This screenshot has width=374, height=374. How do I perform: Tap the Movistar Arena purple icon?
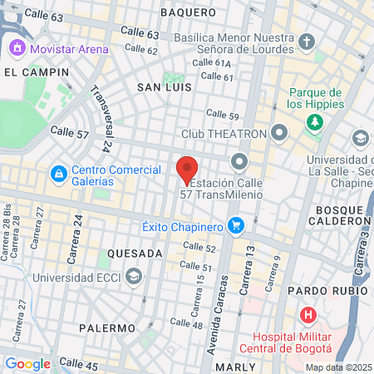pyautogui.click(x=16, y=49)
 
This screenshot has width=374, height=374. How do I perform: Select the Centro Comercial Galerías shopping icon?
pyautogui.click(x=58, y=174)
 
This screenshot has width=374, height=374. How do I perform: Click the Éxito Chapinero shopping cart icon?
pyautogui.click(x=236, y=225)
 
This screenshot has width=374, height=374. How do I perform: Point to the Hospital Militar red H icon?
pyautogui.click(x=308, y=316)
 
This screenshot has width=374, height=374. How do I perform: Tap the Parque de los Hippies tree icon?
pyautogui.click(x=314, y=123)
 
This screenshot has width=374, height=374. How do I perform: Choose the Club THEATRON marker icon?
pyautogui.click(x=279, y=133)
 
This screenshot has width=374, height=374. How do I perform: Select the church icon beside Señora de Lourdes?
pyautogui.click(x=306, y=42)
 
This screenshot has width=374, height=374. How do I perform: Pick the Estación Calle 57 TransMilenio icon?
pyautogui.click(x=241, y=160)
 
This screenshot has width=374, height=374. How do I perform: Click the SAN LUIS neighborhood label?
pyautogui.click(x=165, y=86)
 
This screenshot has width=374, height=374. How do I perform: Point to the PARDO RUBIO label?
pyautogui.click(x=327, y=291)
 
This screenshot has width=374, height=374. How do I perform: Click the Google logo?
pyautogui.click(x=27, y=363)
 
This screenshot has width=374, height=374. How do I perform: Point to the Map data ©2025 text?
pyautogui.click(x=337, y=367)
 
